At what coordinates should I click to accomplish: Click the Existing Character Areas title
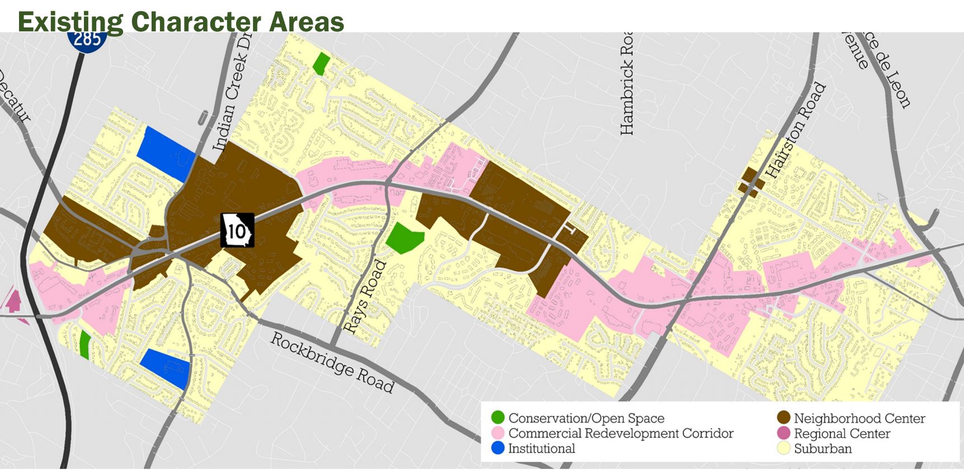tap(181, 21)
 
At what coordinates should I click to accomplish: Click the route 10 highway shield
tap(237, 230)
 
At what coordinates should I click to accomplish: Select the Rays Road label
tap(364, 297)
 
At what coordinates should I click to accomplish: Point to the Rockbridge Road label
tap(332, 363)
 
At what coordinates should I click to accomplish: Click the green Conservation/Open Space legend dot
tap(497, 418)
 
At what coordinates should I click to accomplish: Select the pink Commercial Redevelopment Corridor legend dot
tap(497, 433)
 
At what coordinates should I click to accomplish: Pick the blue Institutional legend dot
tap(497, 448)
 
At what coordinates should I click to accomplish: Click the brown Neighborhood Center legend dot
tap(783, 418)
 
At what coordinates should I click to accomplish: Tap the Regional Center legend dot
tap(783, 433)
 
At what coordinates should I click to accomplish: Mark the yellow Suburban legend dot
tap(783, 448)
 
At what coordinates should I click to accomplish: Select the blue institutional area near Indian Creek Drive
tap(164, 151)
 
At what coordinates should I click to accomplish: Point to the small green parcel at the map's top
tap(321, 63)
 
